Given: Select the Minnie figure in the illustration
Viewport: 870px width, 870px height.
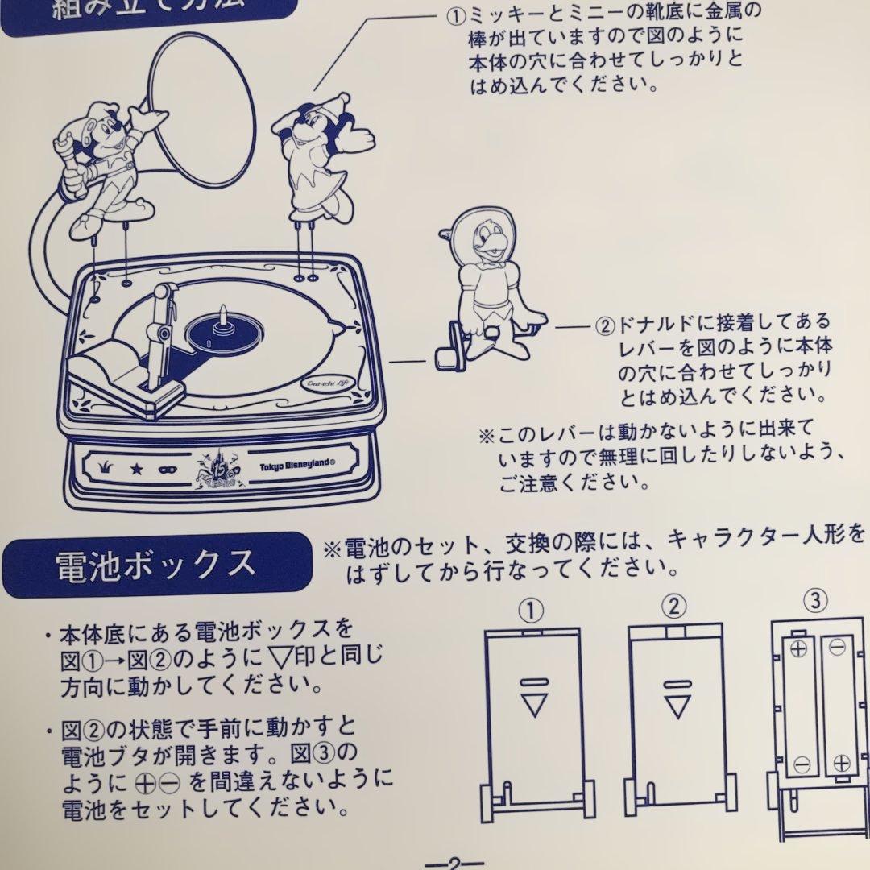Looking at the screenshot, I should [314, 157].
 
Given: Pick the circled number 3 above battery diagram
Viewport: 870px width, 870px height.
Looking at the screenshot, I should [816, 600].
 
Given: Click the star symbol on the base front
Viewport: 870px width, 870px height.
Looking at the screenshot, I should [138, 467].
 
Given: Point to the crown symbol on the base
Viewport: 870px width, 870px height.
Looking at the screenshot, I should [106, 467].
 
